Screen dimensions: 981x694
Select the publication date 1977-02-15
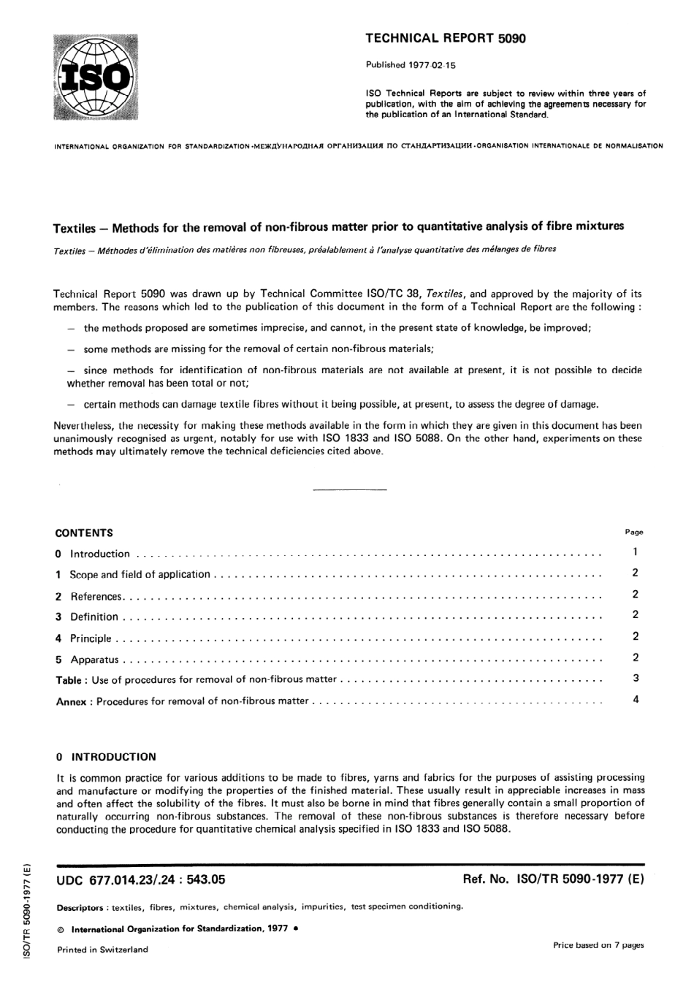tap(411, 65)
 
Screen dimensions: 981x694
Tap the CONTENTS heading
tap(84, 533)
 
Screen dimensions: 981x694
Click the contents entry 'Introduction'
tap(99, 554)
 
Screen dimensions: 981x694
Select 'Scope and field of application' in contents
tap(140, 574)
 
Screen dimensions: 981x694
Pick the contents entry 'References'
tap(96, 596)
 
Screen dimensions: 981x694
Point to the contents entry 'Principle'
tap(91, 638)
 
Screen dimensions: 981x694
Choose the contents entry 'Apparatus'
tap(94, 660)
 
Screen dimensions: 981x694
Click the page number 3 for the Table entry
tap(636, 679)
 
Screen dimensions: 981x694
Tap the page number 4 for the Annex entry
tap(636, 700)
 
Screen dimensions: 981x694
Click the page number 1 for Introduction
tap(636, 552)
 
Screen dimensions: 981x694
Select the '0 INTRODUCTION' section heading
tap(106, 757)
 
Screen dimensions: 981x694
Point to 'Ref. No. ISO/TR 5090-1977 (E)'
tap(553, 880)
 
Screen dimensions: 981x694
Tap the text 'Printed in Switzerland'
tap(102, 950)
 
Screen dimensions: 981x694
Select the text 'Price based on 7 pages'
tap(598, 945)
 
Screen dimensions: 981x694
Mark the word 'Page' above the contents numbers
tap(634, 532)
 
